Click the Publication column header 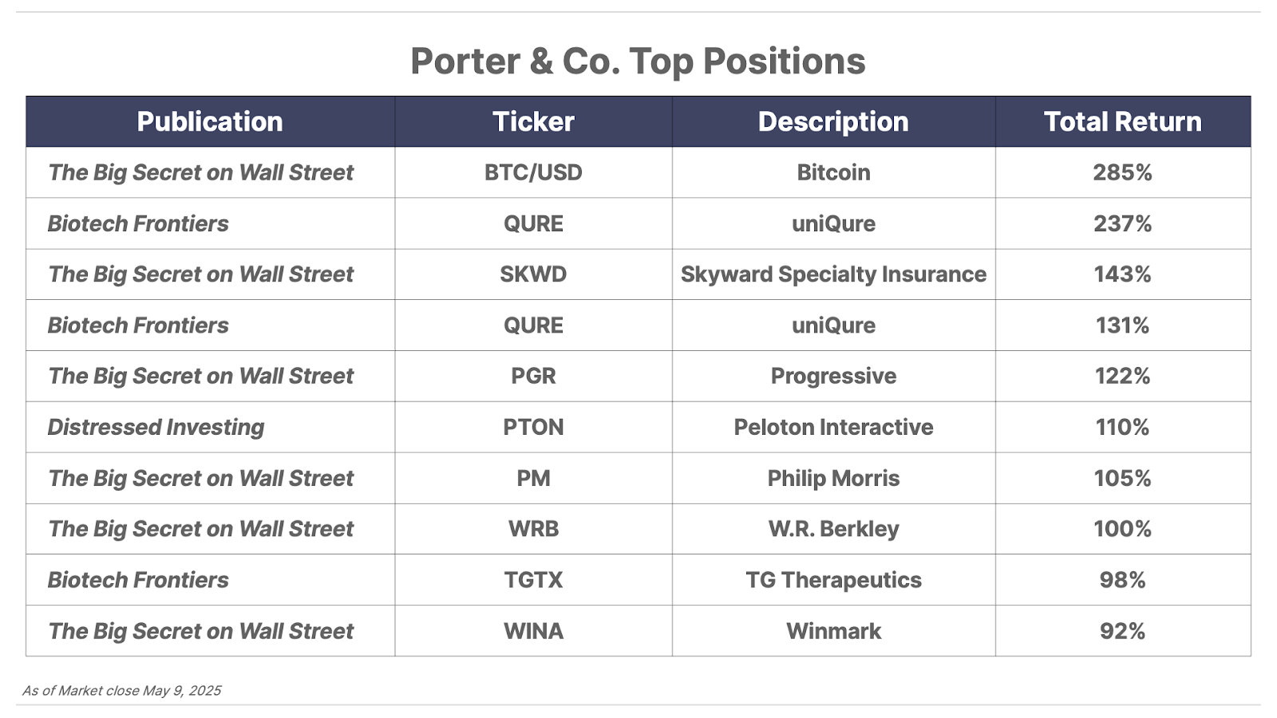point(210,122)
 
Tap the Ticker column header point(533,122)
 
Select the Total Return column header point(1122,122)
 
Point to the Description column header point(833,122)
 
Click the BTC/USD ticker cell point(533,172)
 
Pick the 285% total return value point(1122,172)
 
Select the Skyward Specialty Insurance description point(833,274)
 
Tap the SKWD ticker point(533,274)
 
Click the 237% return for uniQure point(1122,223)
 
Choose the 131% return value point(1122,325)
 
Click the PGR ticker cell point(533,376)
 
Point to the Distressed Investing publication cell point(156,428)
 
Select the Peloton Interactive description point(833,428)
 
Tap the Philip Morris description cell point(833,478)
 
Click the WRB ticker point(533,529)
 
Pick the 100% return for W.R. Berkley point(1122,529)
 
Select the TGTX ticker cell point(533,580)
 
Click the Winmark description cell point(833,631)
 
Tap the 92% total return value point(1122,631)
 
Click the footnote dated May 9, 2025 point(121,691)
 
